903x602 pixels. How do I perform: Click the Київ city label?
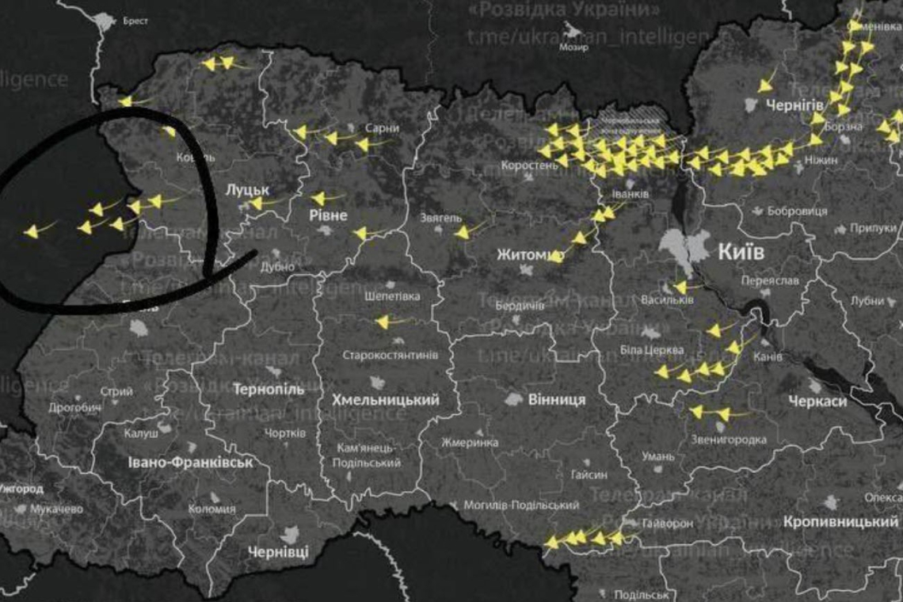(x=741, y=252)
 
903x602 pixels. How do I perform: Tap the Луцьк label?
(x=247, y=190)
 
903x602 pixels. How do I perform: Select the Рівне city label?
(x=329, y=215)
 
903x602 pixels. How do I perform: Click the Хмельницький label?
(x=385, y=399)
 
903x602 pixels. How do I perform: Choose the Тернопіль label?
(x=269, y=389)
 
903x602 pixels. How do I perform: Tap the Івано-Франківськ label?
(x=191, y=461)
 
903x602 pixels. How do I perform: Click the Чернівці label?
(x=278, y=551)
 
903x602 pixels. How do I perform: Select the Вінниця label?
(x=556, y=399)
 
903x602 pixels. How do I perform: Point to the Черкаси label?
(x=817, y=402)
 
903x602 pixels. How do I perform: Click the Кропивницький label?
(x=840, y=522)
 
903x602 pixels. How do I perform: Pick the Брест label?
(x=135, y=21)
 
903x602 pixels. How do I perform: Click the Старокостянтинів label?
(x=390, y=355)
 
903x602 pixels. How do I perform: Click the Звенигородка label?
(x=729, y=440)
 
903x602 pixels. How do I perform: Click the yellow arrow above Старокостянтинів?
(x=383, y=322)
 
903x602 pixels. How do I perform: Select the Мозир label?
(x=573, y=48)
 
